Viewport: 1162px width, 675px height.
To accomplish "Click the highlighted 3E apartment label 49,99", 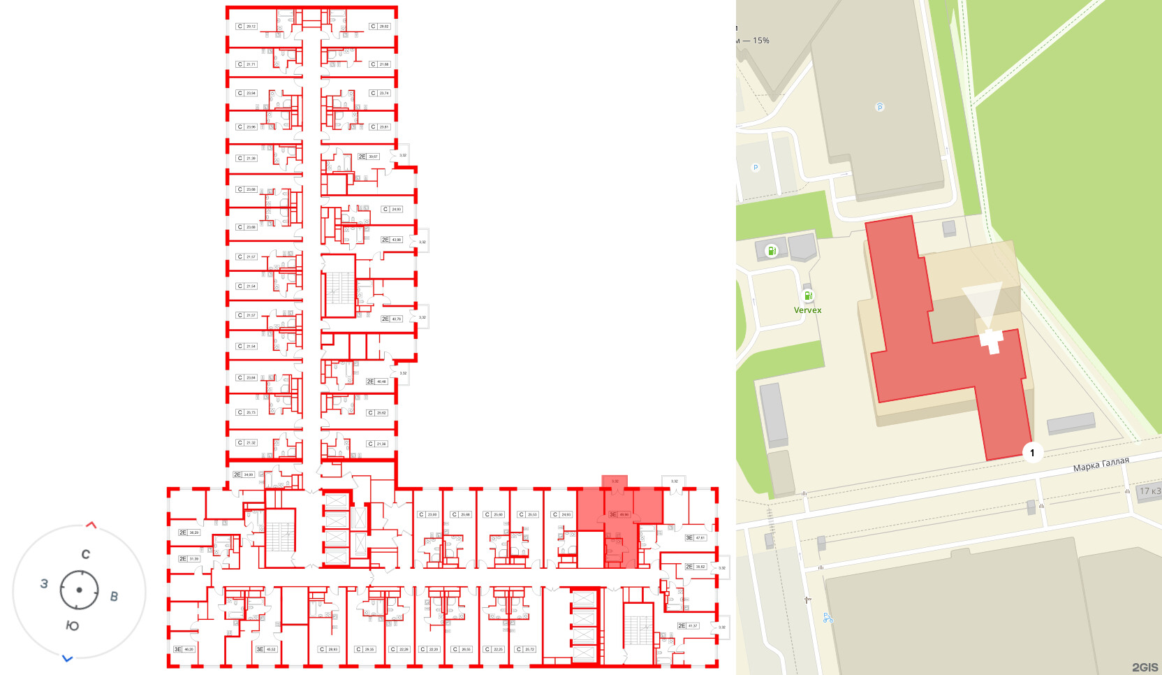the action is [x=619, y=514].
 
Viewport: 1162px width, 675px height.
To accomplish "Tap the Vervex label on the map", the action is [x=807, y=310].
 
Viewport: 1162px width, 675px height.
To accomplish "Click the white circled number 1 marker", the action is [x=1032, y=453].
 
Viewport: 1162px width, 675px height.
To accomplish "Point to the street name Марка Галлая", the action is [x=1101, y=465].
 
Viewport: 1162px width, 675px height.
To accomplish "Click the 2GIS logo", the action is [x=1145, y=667].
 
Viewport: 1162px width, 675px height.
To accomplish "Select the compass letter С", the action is [x=85, y=554].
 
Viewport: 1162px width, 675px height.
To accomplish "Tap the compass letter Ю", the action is [x=72, y=625].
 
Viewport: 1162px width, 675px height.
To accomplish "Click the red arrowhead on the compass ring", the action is [x=91, y=525].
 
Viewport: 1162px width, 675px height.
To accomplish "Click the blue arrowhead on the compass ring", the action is [x=67, y=658].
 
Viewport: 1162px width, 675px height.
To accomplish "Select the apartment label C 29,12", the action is [x=247, y=27].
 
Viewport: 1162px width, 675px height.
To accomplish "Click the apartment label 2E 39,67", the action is [x=368, y=157].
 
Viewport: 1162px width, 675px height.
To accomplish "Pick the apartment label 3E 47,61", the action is [x=696, y=537].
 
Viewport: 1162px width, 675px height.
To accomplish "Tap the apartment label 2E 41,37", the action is [x=688, y=625].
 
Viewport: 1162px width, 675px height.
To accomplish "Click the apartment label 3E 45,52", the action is [x=266, y=649].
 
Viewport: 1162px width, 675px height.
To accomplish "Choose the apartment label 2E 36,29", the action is [x=189, y=532].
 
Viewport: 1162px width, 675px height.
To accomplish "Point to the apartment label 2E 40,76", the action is [x=391, y=319].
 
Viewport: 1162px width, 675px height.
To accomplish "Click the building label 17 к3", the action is [x=1149, y=491].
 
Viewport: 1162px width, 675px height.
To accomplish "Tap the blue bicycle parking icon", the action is [x=828, y=618].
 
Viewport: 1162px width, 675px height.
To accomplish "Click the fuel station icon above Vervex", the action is [x=808, y=296].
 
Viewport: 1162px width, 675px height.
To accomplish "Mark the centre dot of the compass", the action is [x=79, y=590].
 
